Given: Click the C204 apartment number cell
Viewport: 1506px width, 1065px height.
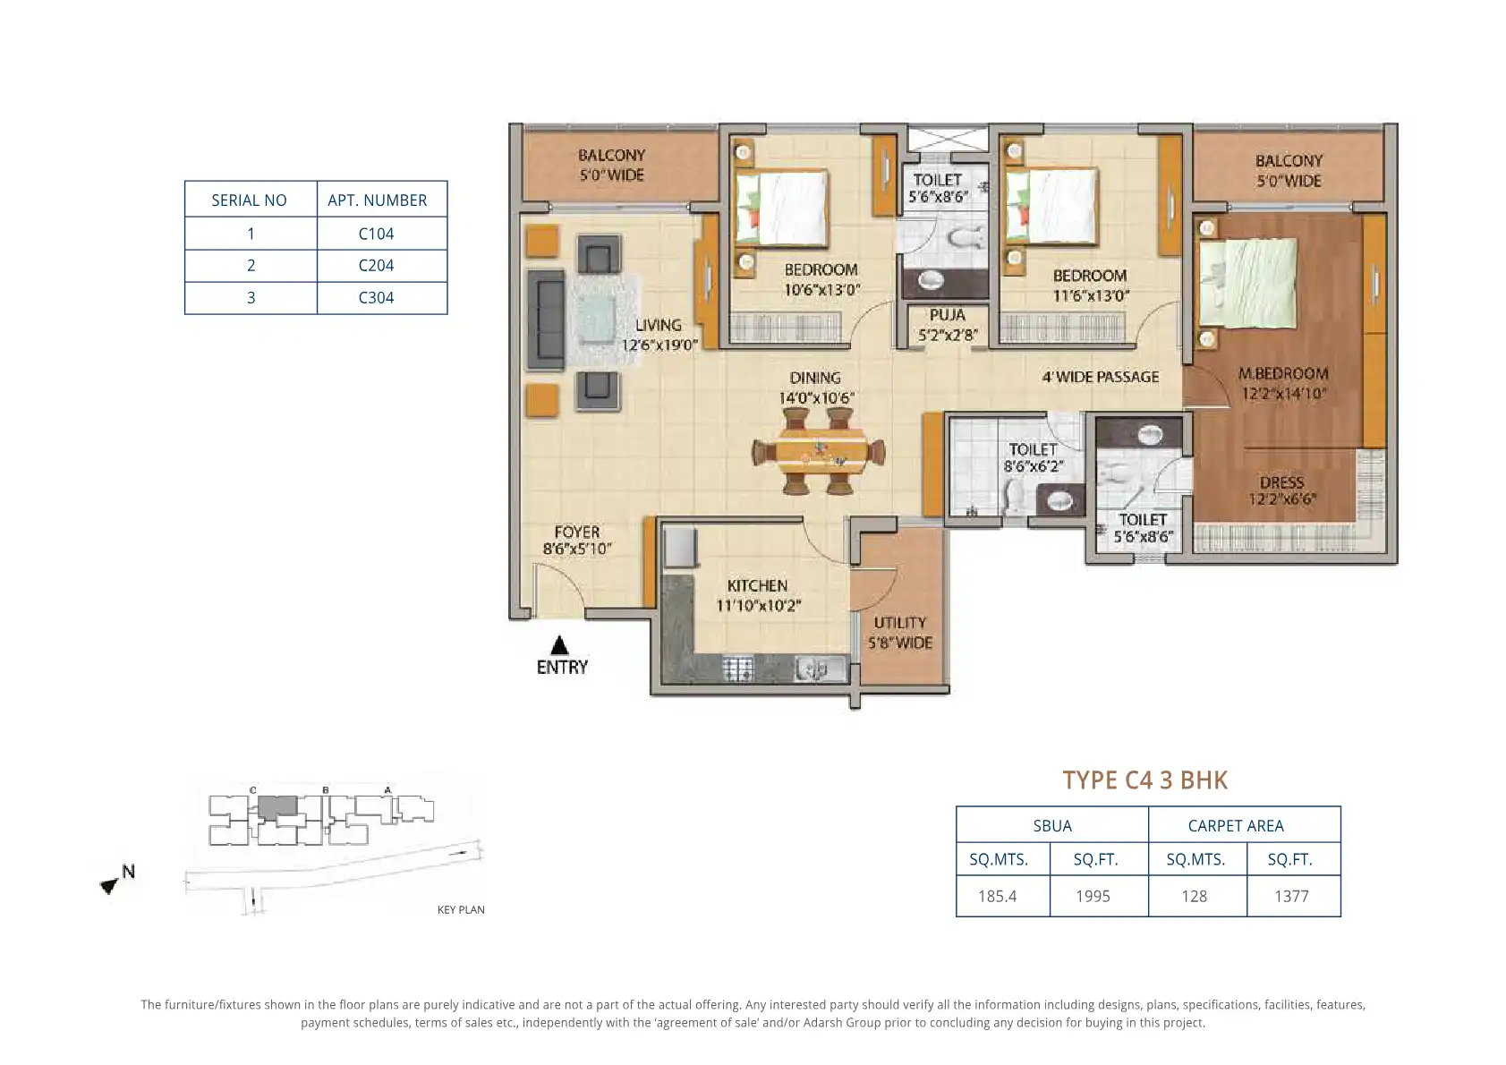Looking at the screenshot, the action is click(376, 266).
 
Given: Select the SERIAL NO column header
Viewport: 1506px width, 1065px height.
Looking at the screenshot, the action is click(250, 200).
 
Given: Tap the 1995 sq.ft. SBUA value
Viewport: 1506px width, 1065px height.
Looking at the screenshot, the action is click(1093, 896).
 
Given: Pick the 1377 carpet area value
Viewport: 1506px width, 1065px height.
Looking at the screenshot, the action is click(1291, 896).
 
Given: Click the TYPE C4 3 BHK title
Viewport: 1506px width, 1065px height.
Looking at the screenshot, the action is click(1145, 780).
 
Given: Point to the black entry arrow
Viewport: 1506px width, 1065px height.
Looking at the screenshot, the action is click(559, 645).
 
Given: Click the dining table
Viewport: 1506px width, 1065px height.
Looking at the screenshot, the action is click(818, 452).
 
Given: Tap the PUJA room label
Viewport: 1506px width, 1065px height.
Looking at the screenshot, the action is click(948, 315).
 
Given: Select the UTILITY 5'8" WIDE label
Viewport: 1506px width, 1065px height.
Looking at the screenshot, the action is click(900, 633).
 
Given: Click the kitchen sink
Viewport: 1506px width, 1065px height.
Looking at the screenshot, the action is click(821, 669).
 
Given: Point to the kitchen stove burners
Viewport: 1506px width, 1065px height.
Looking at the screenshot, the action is click(738, 669).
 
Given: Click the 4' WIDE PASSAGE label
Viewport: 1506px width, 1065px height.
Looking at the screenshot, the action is click(1101, 377).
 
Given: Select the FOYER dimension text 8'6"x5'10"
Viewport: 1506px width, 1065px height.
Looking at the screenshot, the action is click(577, 549).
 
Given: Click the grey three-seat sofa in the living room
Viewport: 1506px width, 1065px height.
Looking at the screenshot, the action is click(546, 320).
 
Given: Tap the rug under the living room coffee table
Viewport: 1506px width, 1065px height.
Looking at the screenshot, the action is click(604, 320).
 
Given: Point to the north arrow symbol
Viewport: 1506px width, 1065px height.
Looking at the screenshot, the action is click(110, 885).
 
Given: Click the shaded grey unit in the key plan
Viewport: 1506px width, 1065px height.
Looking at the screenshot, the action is click(277, 807).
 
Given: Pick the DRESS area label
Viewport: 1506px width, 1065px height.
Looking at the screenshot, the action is click(1281, 482).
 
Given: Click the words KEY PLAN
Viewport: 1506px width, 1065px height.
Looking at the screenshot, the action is click(461, 909).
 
